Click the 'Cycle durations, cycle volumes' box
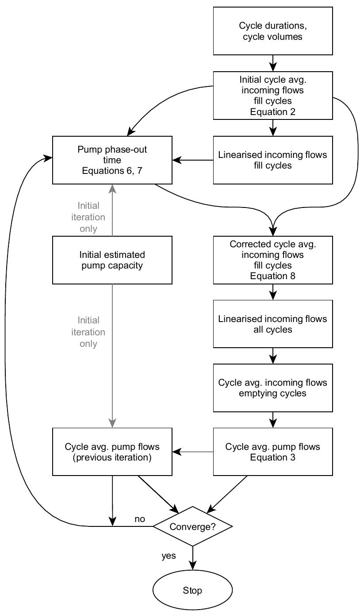(272, 31)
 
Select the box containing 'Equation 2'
(272, 96)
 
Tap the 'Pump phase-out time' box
(112, 160)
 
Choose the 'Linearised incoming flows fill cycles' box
(272, 160)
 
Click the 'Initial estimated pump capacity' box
(112, 260)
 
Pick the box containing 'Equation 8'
(272, 260)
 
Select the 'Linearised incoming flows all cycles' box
(272, 324)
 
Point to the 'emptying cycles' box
(272, 388)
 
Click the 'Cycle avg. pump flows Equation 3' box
(272, 452)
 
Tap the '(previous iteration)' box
(112, 452)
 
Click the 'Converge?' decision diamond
(192, 526)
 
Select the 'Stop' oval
(192, 590)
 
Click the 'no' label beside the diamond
(140, 519)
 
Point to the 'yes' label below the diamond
(169, 556)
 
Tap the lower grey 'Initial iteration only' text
(88, 332)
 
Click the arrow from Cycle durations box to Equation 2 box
(273, 63)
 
